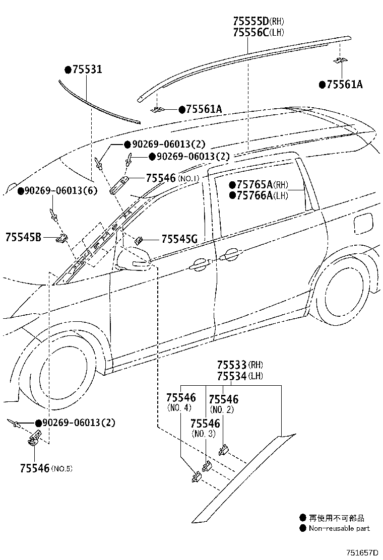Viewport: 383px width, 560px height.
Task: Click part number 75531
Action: (87, 69)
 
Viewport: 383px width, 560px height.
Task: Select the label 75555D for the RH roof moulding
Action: (251, 21)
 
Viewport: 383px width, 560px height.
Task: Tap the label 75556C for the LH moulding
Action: (251, 33)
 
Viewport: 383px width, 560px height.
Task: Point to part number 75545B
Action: (23, 237)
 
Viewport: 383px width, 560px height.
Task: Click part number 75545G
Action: (180, 239)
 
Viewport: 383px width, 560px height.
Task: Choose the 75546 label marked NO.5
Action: (35, 468)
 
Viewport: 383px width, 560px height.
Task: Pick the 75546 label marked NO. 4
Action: (181, 397)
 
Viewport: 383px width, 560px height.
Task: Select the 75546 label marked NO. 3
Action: (205, 424)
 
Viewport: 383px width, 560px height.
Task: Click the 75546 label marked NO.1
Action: (161, 178)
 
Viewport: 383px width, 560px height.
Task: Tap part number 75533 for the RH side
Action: (232, 365)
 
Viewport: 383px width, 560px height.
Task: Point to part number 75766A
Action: (254, 195)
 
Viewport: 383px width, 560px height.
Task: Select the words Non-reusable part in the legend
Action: (339, 528)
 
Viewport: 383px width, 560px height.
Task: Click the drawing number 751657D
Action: (361, 553)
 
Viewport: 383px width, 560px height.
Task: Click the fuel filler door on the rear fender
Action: (363, 223)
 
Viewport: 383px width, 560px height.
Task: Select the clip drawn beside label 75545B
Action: (61, 238)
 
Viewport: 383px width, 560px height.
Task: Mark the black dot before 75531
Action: (68, 69)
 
